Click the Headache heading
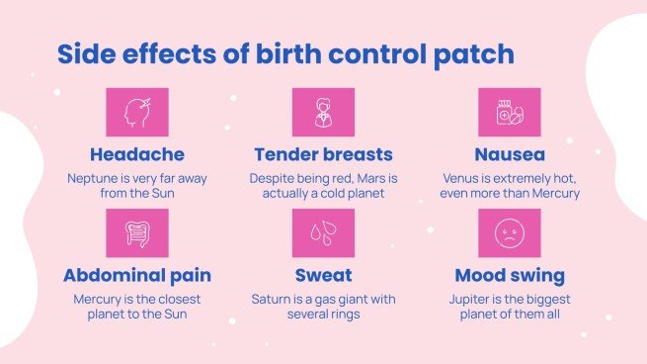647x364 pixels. click(x=136, y=154)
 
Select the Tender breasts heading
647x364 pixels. click(x=323, y=154)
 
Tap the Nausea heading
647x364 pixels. click(x=509, y=154)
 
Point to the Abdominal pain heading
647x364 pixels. click(x=136, y=275)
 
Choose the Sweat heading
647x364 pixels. click(x=323, y=275)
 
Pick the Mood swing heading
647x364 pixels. click(x=509, y=275)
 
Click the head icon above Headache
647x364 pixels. click(x=136, y=113)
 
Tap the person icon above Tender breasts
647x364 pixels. click(x=323, y=113)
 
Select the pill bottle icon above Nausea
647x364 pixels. click(x=509, y=113)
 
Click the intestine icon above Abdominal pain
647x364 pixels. click(x=136, y=233)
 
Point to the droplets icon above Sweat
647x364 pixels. click(x=323, y=233)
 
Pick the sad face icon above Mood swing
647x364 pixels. click(x=509, y=233)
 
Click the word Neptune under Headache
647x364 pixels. click(x=92, y=178)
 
